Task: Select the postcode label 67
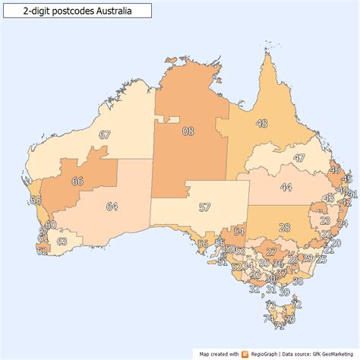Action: pos(105,135)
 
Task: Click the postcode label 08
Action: pos(188,131)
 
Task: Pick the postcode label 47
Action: pos(299,158)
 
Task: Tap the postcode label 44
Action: pos(286,186)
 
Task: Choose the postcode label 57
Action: pos(204,207)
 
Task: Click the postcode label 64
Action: pos(112,207)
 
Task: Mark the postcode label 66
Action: pos(77,182)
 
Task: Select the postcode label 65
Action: pos(35,200)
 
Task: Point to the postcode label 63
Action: pos(62,241)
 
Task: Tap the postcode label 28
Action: pos(284,227)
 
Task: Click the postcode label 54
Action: pos(238,232)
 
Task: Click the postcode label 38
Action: pos(298,281)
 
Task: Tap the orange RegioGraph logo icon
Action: pos(245,353)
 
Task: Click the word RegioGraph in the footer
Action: pos(266,353)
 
